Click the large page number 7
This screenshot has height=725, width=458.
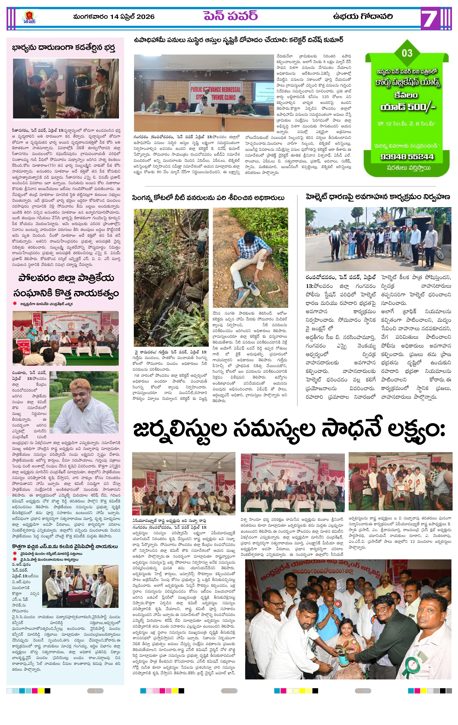[429, 19]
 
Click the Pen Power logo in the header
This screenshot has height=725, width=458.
[29, 17]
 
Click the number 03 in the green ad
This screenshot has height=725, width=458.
[407, 53]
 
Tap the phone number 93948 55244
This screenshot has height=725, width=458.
[407, 157]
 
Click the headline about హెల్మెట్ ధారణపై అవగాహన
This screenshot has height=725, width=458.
[378, 197]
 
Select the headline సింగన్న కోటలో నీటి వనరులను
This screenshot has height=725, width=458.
[208, 198]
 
